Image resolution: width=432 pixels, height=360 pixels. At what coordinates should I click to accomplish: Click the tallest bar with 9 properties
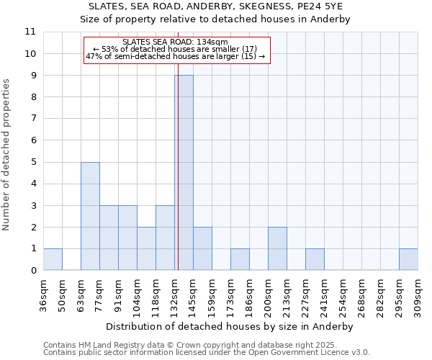coord(184,173)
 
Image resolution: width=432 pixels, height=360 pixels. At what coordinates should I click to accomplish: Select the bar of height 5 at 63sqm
coord(90,216)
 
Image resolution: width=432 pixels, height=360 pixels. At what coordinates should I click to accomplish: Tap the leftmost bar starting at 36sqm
coord(53,259)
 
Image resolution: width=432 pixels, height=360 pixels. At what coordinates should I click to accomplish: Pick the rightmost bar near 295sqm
coord(408,259)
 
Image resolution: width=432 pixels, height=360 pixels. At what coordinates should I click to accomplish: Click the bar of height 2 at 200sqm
coord(277,248)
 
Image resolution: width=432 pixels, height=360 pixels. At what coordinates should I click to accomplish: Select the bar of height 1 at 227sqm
coord(315,259)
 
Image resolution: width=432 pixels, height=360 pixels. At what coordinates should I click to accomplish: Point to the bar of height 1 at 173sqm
coord(240,259)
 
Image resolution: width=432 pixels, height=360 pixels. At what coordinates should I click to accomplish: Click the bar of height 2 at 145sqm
coord(202,248)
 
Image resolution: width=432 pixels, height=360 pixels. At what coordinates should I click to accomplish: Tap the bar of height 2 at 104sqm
coord(146,248)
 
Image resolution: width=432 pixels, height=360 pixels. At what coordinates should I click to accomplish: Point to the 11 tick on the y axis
coord(30,32)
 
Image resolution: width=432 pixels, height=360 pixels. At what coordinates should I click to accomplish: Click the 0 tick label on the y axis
coord(33,271)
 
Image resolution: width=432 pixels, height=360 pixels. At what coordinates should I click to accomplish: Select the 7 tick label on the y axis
coord(33,119)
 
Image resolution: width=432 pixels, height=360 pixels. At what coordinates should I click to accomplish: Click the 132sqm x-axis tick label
coord(174,297)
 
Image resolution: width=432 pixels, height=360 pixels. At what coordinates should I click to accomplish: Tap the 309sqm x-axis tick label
coord(418,297)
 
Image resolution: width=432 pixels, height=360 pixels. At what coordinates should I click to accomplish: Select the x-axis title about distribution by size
coord(230,326)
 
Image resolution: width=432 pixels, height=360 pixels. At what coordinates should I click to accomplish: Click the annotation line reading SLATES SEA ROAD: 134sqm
coord(176,42)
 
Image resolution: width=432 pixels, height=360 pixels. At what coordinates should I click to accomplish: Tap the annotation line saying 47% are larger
coord(176,56)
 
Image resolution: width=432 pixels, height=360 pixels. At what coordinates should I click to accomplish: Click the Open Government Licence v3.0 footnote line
coord(207,353)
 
